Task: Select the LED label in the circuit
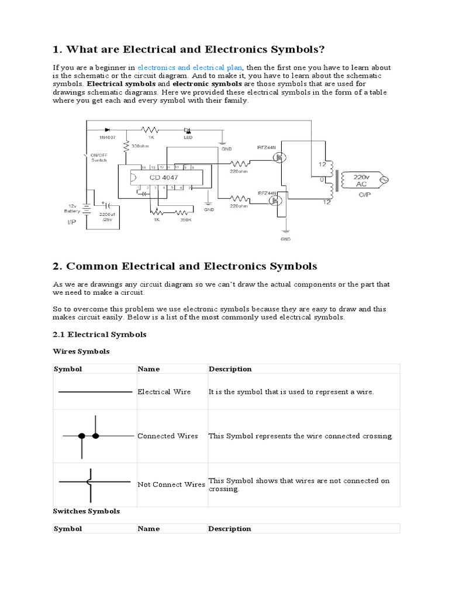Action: [x=188, y=137]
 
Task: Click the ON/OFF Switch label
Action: [x=98, y=157]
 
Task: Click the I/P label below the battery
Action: [x=72, y=223]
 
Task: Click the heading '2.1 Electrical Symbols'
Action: [x=99, y=335]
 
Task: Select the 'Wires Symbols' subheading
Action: [x=81, y=352]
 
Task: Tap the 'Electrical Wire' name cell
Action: [x=164, y=392]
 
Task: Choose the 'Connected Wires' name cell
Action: [x=168, y=436]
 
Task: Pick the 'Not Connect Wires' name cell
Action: [x=171, y=484]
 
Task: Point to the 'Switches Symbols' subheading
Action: [x=86, y=511]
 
